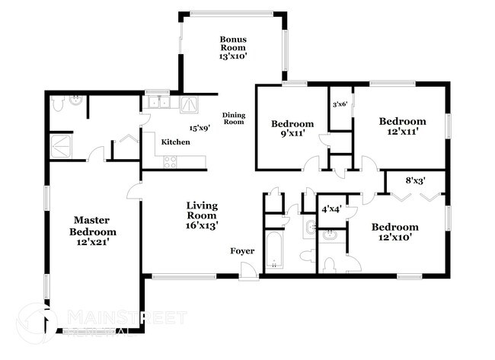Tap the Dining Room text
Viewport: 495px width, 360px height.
point(233,118)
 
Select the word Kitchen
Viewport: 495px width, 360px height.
point(175,142)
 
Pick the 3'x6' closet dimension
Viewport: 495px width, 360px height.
point(340,104)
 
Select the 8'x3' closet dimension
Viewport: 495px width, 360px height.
point(415,180)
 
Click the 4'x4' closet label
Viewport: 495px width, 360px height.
point(331,209)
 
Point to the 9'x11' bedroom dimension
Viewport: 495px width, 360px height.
point(293,134)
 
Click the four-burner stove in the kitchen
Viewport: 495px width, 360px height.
point(170,161)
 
